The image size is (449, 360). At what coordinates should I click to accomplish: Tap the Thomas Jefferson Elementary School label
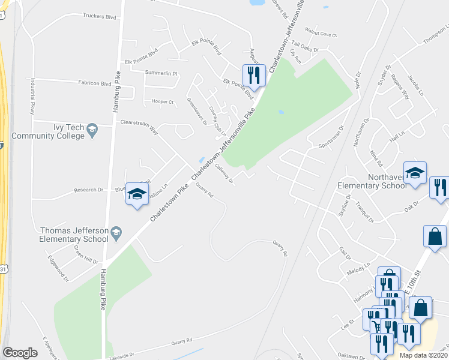74,234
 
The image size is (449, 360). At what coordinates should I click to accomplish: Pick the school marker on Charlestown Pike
137,194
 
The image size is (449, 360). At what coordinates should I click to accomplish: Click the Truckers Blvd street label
99,17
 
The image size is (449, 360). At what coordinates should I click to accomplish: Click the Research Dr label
88,190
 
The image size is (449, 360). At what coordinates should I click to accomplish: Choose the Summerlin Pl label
162,73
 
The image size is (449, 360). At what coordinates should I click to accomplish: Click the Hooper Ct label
162,101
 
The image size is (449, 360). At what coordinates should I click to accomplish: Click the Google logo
20,353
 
